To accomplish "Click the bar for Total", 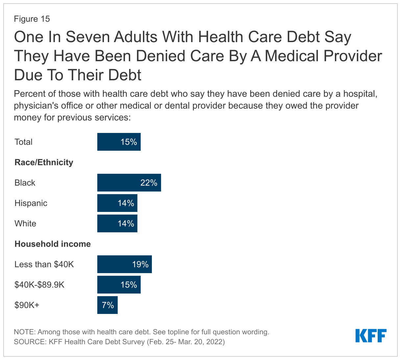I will click(x=119, y=142).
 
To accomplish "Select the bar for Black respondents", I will click(x=129, y=183).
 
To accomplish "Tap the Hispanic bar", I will click(x=117, y=203).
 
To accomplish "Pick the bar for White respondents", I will click(x=117, y=223).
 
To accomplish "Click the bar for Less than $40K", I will click(x=124, y=264).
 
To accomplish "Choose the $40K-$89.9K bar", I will click(x=119, y=285).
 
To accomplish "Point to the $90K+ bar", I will click(x=107, y=305).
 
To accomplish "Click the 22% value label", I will click(x=149, y=183).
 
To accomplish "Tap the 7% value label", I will click(x=108, y=305).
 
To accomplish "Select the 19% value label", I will click(x=140, y=264).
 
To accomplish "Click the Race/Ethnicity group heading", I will click(x=44, y=162).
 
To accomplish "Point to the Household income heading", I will click(x=53, y=244).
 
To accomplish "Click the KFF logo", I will click(x=371, y=336).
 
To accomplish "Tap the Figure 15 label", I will click(x=32, y=19).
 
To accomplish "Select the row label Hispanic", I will click(x=31, y=203).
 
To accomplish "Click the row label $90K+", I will click(x=27, y=305).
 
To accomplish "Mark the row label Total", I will click(x=23, y=142).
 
